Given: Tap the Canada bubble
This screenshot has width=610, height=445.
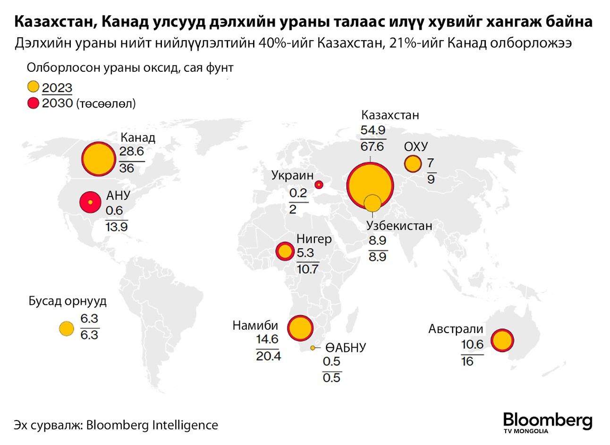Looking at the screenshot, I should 99,159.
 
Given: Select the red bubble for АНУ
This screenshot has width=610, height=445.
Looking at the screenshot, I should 90,202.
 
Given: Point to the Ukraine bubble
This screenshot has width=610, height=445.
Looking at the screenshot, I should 319,185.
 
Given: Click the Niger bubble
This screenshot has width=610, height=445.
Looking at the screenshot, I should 285,251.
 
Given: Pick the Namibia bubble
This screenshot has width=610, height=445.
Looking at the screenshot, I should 300,328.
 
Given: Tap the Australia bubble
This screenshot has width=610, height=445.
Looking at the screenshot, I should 502,340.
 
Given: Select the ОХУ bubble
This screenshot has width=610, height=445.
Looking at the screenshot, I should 413,164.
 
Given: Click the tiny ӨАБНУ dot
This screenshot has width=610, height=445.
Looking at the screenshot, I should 313,348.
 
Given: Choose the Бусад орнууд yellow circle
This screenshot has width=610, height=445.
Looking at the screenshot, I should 67,329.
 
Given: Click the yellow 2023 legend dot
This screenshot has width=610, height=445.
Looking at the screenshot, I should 33,87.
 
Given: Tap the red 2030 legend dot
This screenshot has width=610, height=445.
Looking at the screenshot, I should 33,103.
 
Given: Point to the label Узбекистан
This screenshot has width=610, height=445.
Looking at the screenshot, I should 399,226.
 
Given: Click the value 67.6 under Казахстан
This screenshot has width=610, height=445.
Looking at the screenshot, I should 372,146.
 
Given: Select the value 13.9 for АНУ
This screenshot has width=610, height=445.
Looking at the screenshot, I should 117,226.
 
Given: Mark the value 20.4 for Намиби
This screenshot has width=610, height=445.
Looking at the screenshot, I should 268,355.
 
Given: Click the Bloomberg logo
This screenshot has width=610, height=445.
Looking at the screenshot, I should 547,421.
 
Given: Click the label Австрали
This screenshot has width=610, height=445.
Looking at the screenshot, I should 456,329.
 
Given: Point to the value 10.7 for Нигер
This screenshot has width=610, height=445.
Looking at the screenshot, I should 307,269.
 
